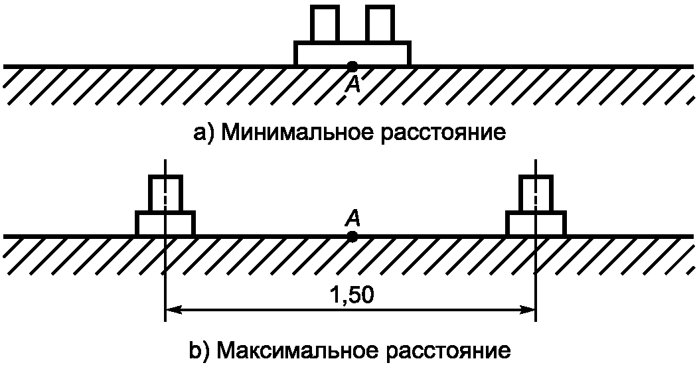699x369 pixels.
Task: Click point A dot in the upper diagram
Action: pyautogui.click(x=352, y=66)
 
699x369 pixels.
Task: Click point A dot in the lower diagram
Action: pyautogui.click(x=352, y=236)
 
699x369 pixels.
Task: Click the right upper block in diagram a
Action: pyautogui.click(x=380, y=25)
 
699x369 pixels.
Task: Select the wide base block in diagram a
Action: pyautogui.click(x=352, y=54)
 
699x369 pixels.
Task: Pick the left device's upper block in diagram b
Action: pyautogui.click(x=165, y=194)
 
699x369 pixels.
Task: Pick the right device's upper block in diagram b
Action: pyautogui.click(x=535, y=194)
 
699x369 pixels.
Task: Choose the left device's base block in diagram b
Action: pyautogui.click(x=165, y=224)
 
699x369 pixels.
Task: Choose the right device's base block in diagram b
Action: pyautogui.click(x=536, y=224)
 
